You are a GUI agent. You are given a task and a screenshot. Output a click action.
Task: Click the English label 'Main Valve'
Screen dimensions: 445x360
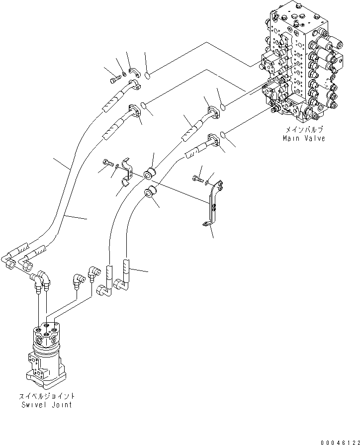(304, 138)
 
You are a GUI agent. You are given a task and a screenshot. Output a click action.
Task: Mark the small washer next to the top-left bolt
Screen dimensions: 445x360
(123, 76)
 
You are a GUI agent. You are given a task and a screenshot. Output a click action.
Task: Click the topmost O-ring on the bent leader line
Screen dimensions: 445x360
(148, 76)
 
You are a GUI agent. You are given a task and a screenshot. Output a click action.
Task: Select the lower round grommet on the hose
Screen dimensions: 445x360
(149, 193)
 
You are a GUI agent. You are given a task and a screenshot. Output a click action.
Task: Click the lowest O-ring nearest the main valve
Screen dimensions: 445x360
(224, 135)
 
